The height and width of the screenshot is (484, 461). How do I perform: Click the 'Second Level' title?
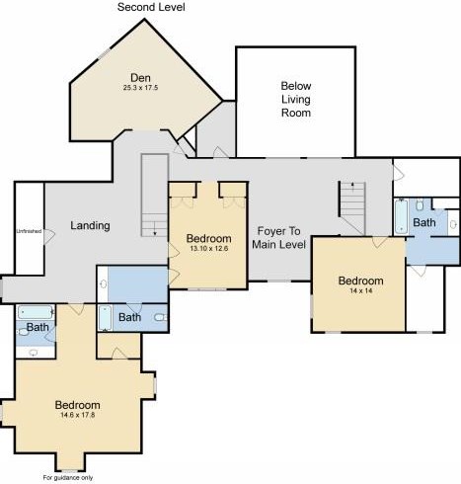[151, 7]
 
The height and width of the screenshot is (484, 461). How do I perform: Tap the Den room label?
[140, 78]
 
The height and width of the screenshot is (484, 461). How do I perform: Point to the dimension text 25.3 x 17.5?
[140, 88]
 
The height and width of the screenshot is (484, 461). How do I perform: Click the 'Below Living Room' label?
[296, 99]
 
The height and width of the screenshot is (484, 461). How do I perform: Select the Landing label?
[90, 225]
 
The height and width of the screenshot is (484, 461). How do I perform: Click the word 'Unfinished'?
[29, 231]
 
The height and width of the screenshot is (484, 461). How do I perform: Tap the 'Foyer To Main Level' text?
[278, 237]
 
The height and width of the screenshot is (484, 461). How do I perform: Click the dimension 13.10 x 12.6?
[209, 248]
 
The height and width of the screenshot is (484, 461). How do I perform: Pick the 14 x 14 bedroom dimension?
[361, 290]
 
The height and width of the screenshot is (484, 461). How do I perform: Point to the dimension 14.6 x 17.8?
[78, 415]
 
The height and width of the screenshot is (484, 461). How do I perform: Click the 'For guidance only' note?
[68, 477]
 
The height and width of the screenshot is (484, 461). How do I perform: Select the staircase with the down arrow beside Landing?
[155, 195]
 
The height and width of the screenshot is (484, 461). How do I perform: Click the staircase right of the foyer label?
[352, 207]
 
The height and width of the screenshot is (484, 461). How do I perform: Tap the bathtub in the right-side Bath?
[402, 217]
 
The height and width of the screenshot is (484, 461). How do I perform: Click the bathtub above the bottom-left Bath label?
[36, 312]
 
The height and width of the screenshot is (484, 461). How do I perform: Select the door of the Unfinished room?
[49, 237]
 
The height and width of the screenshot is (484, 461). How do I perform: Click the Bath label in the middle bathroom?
[129, 317]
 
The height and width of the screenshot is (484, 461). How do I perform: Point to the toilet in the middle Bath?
[161, 318]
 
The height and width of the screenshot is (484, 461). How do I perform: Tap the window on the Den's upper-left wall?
[105, 53]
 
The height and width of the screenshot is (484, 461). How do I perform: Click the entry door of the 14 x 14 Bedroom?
[380, 242]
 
